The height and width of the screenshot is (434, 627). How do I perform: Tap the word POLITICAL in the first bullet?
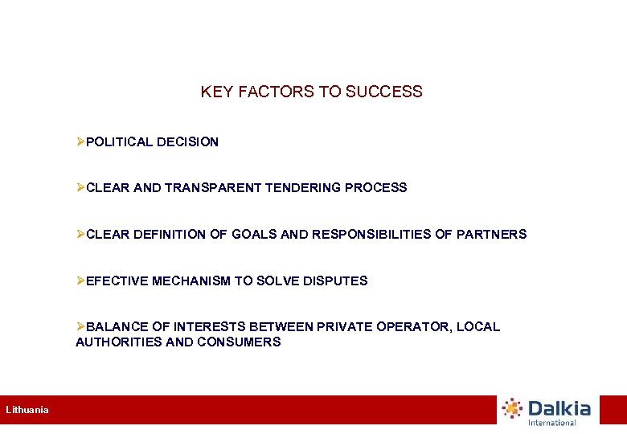[119, 142]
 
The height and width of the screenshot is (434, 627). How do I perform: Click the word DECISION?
[187, 142]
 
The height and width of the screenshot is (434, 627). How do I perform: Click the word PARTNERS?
[491, 235]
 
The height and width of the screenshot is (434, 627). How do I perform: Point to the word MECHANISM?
[191, 281]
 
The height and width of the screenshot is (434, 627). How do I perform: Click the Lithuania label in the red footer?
[27, 410]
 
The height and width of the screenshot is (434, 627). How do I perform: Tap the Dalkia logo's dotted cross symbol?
[512, 408]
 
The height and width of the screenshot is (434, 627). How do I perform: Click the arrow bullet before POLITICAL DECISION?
[80, 142]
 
